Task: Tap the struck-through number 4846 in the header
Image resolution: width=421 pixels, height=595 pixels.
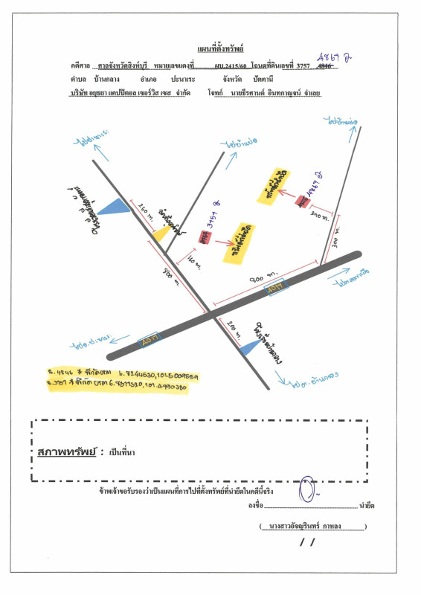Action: [324, 65]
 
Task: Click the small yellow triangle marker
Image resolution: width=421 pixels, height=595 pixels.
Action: [161, 233]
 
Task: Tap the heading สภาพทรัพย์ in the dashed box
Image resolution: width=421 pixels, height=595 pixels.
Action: [66, 452]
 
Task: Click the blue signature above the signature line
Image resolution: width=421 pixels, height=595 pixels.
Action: [305, 491]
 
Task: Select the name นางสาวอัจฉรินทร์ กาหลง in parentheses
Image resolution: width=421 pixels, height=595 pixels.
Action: [313, 527]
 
